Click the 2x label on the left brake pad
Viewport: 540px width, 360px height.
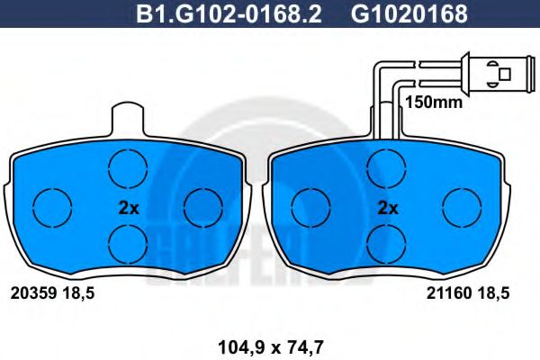129,207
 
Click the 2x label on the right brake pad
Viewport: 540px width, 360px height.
387,207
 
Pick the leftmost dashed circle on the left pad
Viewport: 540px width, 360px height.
52,207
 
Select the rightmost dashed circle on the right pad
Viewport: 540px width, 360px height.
463,207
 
